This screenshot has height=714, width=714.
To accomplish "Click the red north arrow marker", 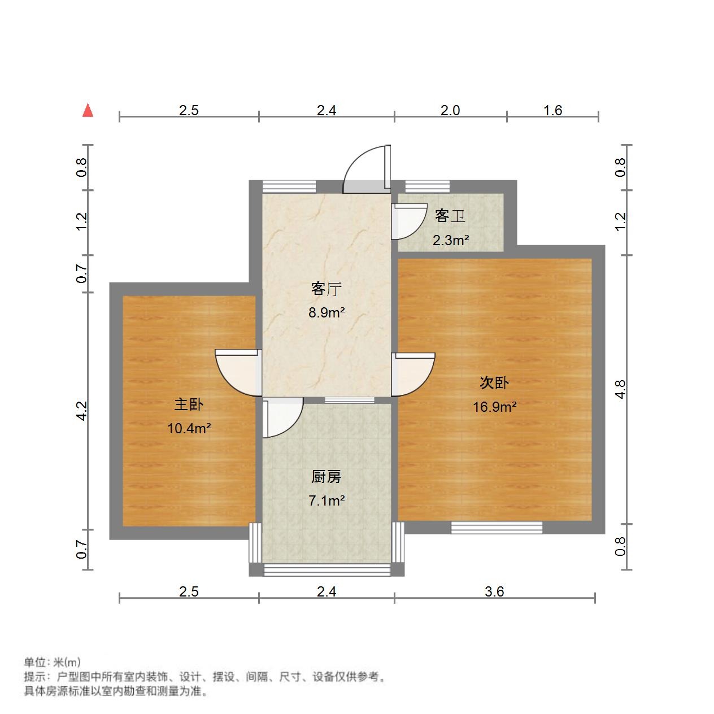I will (88, 110).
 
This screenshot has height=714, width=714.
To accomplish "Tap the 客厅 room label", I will (326, 289).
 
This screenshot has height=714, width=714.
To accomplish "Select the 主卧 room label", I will (189, 404).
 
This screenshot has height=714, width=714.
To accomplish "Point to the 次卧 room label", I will (494, 383).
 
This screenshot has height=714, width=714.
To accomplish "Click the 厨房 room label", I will (326, 477).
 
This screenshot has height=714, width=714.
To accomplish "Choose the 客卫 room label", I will (450, 216).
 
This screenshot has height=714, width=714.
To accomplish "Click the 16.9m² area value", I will (495, 407).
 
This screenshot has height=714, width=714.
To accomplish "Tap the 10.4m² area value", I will (189, 428).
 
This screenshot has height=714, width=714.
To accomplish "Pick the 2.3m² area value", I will (451, 241).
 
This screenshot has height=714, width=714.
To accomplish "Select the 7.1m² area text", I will (326, 500).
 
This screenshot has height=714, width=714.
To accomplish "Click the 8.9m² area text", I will (326, 312).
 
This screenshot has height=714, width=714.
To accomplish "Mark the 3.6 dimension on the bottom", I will (494, 591).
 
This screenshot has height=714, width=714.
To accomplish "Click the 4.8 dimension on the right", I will (621, 389).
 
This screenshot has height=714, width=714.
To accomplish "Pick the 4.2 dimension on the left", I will (82, 411).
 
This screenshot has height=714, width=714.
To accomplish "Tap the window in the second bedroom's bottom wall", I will (497, 528).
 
